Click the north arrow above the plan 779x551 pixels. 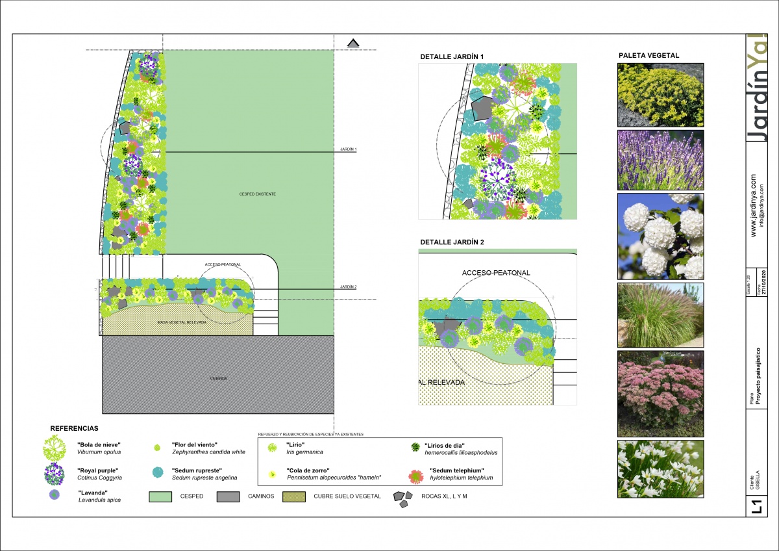click(x=353, y=43)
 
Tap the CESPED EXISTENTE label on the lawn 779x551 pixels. click(x=258, y=194)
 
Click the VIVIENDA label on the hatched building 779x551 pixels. click(x=217, y=378)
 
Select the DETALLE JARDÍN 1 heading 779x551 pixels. click(x=452, y=57)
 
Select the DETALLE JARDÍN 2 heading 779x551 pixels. click(x=452, y=242)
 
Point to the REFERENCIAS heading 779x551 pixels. click(x=74, y=429)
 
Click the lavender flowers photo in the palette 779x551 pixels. click(x=660, y=159)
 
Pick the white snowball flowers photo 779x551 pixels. click(x=660, y=236)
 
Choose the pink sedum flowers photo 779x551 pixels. click(x=660, y=393)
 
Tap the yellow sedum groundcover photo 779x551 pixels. click(x=660, y=94)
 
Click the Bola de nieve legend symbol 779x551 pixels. click(x=54, y=448)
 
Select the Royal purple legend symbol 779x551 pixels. click(x=54, y=474)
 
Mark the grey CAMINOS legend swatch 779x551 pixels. click(x=229, y=496)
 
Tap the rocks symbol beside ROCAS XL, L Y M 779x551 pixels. click(x=402, y=498)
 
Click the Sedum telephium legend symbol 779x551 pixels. click(x=415, y=475)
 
